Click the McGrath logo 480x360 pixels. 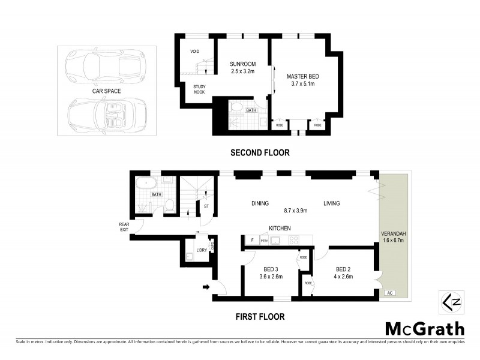pyautogui.click(x=424, y=328)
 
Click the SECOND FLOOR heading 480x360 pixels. pyautogui.click(x=260, y=153)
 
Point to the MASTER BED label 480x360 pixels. pyautogui.click(x=302, y=76)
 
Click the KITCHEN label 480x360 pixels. pyautogui.click(x=280, y=228)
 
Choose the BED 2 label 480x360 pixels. pyautogui.click(x=344, y=269)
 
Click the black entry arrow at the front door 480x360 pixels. pyautogui.click(x=207, y=287)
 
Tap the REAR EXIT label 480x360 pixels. pyautogui.click(x=124, y=226)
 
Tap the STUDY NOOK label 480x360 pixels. pyautogui.click(x=200, y=89)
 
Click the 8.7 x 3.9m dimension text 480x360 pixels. pyautogui.click(x=295, y=211)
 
